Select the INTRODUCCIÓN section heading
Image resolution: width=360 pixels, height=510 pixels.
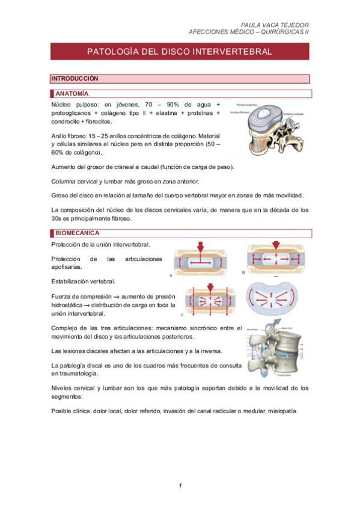[75, 79]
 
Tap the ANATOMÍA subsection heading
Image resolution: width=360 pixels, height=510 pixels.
[72, 94]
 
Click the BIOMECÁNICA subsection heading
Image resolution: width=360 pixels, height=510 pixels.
[77, 233]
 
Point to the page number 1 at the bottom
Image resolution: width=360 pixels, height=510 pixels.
[180, 485]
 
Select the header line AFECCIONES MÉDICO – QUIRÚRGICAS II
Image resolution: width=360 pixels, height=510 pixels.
[248, 32]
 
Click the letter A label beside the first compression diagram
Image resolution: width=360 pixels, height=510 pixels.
[171, 275]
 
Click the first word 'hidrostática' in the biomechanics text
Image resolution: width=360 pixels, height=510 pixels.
[68, 305]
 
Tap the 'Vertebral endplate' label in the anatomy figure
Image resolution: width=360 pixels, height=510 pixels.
[296, 112]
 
